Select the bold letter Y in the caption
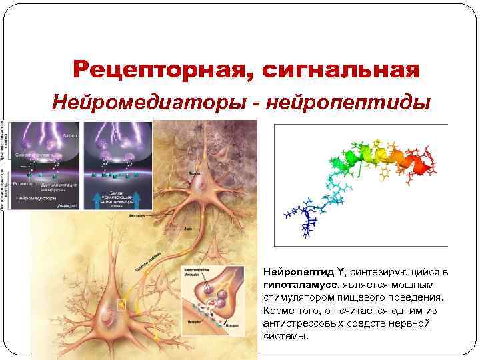coord(341,273)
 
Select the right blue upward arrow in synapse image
coord(138,197)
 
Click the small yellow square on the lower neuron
coord(121,306)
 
